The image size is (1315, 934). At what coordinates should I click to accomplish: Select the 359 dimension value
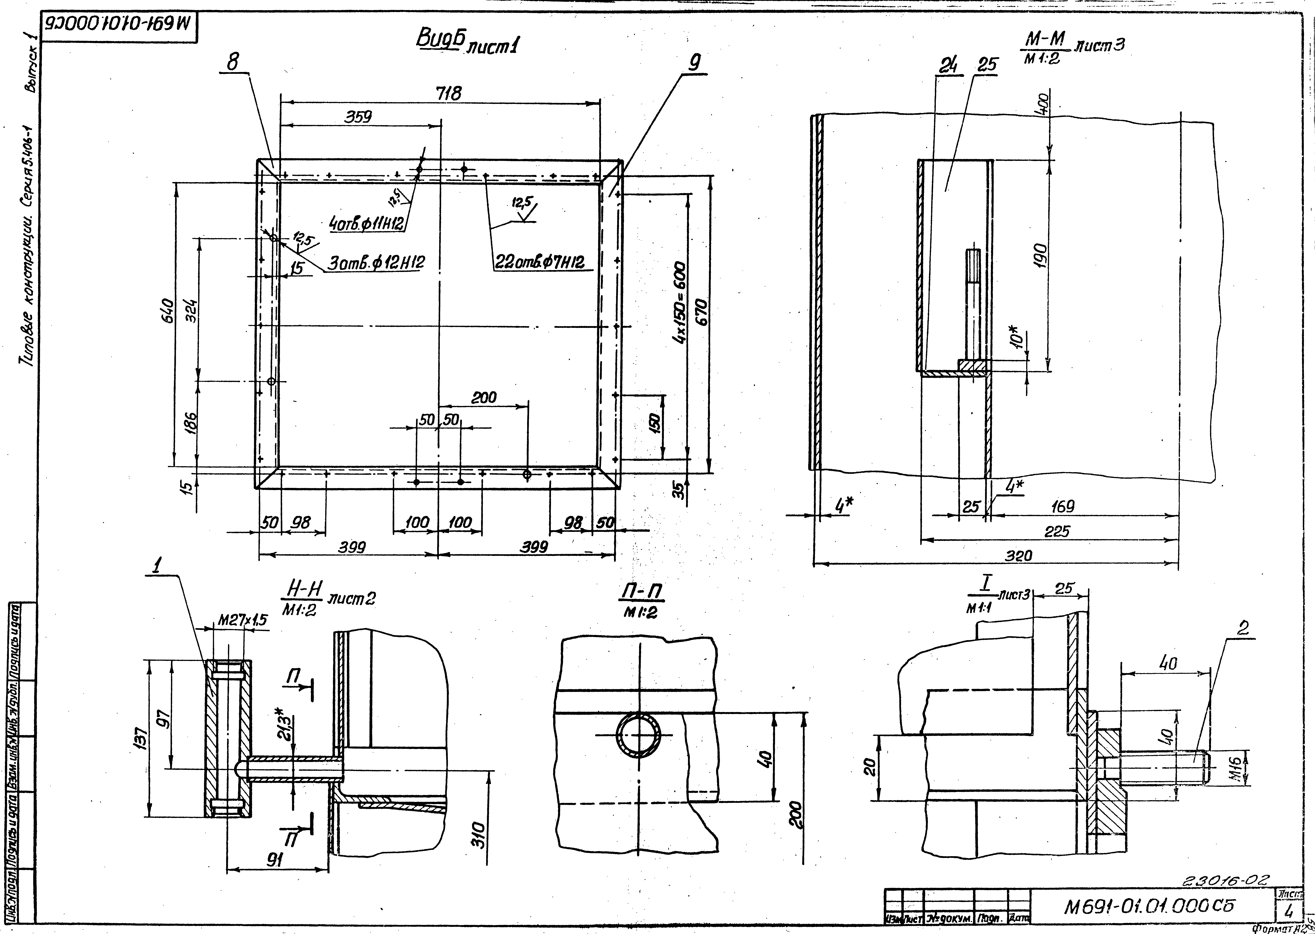(358, 117)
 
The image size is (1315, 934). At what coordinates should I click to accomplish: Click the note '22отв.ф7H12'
(540, 262)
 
